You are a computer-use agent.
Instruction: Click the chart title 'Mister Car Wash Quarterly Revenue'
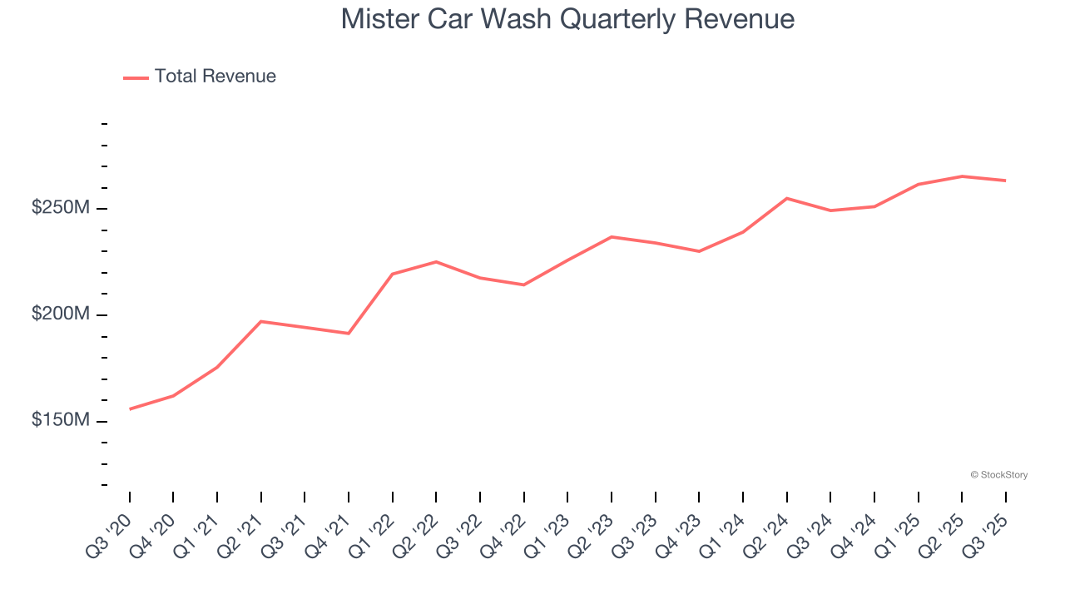coord(567,19)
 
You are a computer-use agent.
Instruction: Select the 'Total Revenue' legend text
coord(215,77)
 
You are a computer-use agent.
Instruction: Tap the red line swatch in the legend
coord(136,77)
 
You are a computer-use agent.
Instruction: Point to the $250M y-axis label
coord(60,208)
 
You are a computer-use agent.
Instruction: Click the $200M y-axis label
coord(60,314)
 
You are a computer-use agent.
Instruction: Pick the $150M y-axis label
coord(60,421)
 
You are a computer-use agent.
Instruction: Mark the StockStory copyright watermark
coord(998,475)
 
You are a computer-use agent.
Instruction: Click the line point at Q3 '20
coord(130,409)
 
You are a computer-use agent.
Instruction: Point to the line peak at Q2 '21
coord(261,321)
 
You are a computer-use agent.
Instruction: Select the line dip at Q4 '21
coord(349,334)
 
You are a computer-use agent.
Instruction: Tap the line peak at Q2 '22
coord(436,262)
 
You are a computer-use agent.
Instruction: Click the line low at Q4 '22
coord(524,285)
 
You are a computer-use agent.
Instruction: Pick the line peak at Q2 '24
coord(786,198)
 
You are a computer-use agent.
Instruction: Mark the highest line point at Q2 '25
coord(962,176)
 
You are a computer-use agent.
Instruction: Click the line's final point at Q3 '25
coord(1005,181)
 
